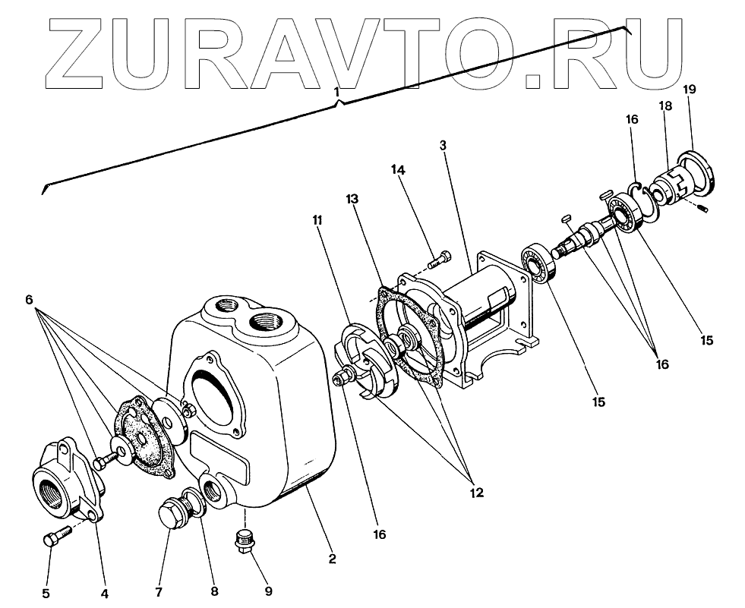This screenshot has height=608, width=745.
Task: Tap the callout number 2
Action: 332,559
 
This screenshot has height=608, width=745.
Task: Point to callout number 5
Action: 46,593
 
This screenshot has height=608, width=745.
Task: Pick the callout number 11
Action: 316,221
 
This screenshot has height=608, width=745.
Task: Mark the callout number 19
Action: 690,90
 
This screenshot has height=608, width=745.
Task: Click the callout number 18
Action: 665,107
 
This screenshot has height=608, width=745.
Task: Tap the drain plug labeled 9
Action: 245,541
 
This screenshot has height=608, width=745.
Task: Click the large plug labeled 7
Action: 172,515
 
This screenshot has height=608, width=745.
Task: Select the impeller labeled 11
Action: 366,364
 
